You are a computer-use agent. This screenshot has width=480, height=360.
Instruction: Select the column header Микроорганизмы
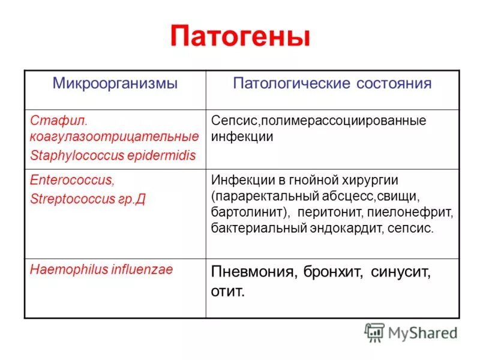[x=115, y=83]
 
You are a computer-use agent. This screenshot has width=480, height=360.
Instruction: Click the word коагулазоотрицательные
[x=114, y=137]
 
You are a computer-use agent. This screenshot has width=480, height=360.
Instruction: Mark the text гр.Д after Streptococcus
[x=131, y=199]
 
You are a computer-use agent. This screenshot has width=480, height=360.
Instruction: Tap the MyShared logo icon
[x=374, y=332]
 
